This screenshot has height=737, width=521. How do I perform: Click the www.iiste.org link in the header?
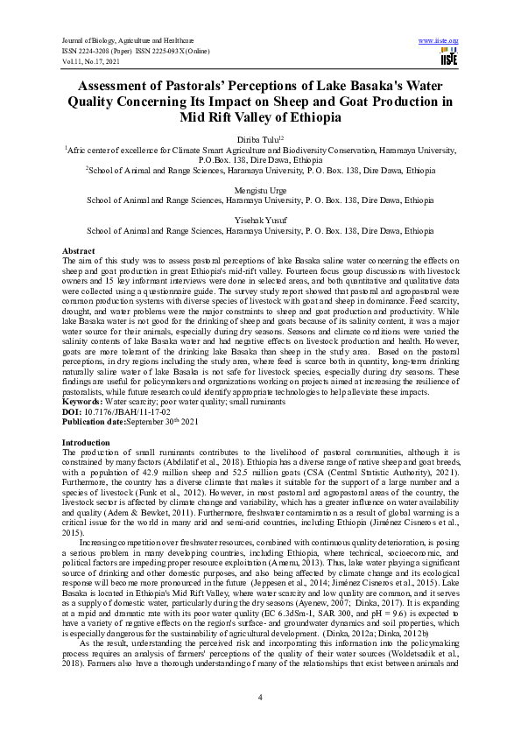[x=439, y=41]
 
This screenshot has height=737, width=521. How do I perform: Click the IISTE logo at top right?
[x=448, y=58]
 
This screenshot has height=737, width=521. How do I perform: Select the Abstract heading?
[x=79, y=251]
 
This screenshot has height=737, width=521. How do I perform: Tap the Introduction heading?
[x=86, y=418]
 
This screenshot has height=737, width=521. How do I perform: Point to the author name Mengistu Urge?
[x=260, y=189]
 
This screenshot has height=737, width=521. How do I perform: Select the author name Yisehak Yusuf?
[x=260, y=221]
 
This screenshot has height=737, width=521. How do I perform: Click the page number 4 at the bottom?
[x=260, y=696]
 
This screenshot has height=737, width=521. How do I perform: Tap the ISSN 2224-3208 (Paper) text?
[x=99, y=50]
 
